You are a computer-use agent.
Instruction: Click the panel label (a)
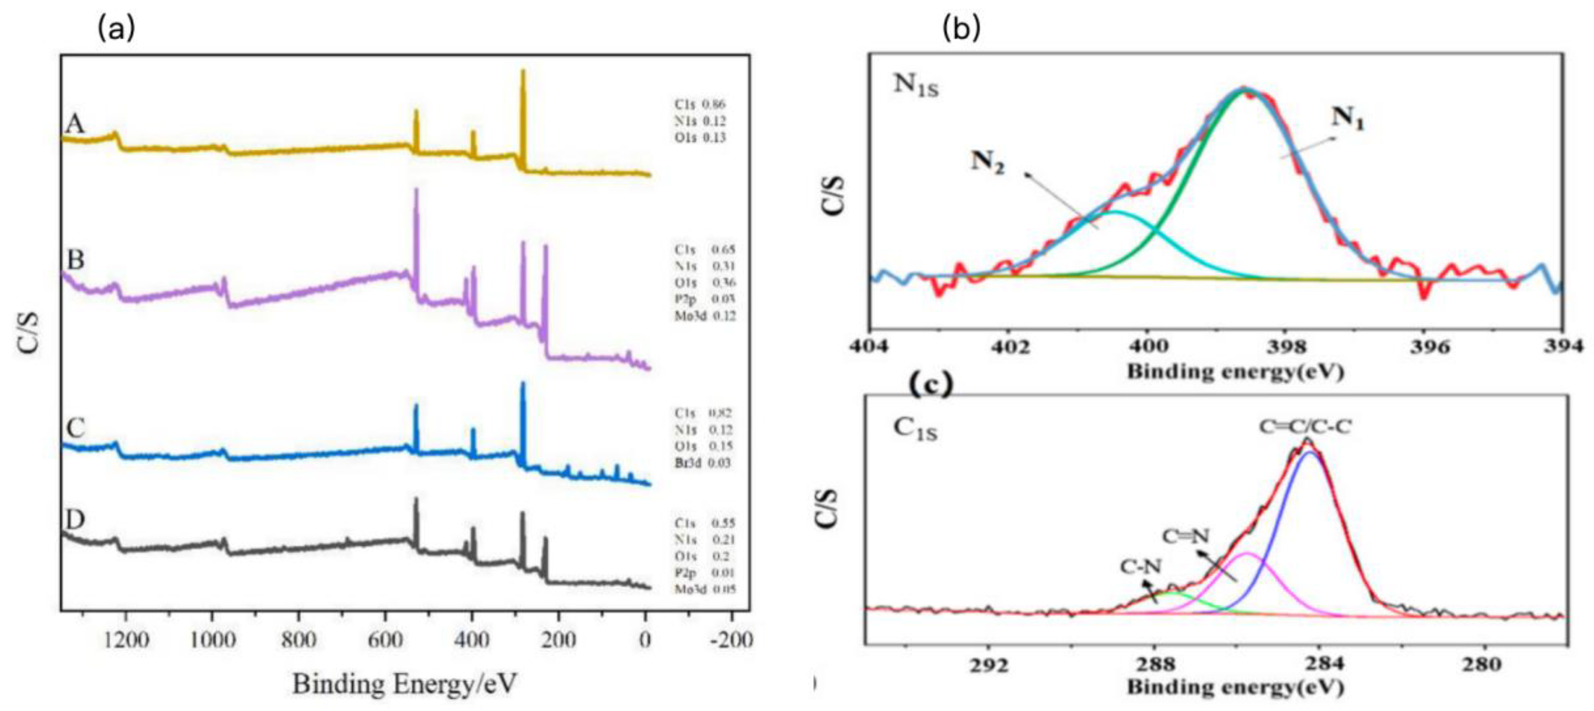[116, 28]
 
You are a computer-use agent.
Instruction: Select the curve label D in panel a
[75, 520]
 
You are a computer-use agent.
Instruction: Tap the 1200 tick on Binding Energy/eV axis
[126, 640]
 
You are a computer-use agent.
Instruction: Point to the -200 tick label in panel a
[731, 640]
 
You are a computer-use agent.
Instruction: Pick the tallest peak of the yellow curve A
[523, 72]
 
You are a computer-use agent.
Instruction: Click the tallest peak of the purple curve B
[417, 191]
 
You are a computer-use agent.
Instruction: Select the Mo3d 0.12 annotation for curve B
[705, 316]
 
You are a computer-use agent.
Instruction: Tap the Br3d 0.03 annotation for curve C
[702, 463]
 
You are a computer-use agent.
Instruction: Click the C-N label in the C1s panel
[1141, 566]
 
